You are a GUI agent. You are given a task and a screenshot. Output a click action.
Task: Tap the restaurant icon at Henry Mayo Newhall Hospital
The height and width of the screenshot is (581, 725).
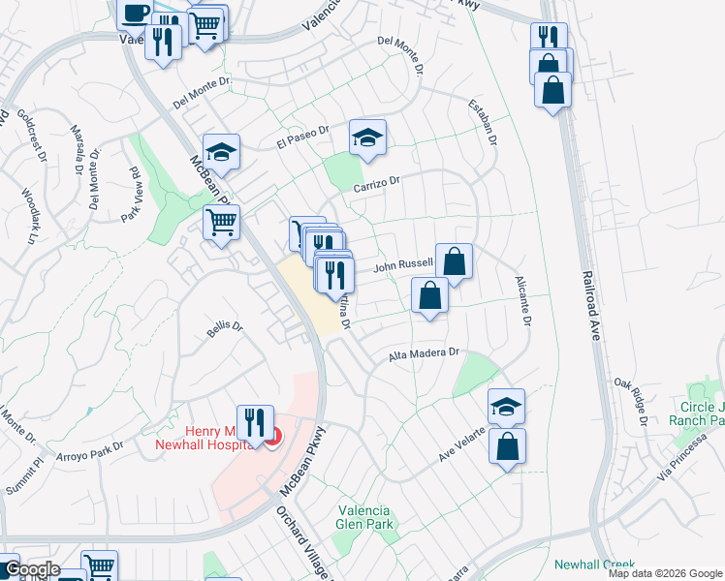pyautogui.click(x=255, y=422)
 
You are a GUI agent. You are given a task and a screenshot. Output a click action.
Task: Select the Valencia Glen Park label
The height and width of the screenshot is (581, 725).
pyautogui.click(x=363, y=518)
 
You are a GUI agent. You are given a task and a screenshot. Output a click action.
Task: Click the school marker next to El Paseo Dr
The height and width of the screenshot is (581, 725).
pyautogui.click(x=367, y=138)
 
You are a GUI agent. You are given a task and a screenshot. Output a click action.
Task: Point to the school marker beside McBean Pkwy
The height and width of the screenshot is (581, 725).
pyautogui.click(x=221, y=151)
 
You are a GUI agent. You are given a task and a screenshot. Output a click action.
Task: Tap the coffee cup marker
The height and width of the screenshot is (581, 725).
pyautogui.click(x=135, y=13)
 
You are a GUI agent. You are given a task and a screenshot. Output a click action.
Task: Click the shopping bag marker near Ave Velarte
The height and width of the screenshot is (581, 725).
pyautogui.click(x=507, y=445)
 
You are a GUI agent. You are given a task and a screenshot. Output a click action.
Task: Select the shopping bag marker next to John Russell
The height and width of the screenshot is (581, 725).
pyautogui.click(x=454, y=260)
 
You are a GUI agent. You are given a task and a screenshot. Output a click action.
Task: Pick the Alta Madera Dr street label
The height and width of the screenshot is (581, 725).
pyautogui.click(x=423, y=355)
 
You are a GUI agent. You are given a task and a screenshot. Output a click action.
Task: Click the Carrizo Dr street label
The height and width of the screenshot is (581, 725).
pyautogui.click(x=377, y=182)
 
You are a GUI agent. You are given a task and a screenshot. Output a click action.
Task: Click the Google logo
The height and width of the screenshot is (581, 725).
pyautogui.click(x=31, y=569)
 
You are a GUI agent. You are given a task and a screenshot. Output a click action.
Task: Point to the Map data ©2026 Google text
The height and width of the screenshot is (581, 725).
pyautogui.click(x=664, y=573)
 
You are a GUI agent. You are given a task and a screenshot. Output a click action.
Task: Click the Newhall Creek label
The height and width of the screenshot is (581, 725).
pyautogui.click(x=593, y=565)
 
